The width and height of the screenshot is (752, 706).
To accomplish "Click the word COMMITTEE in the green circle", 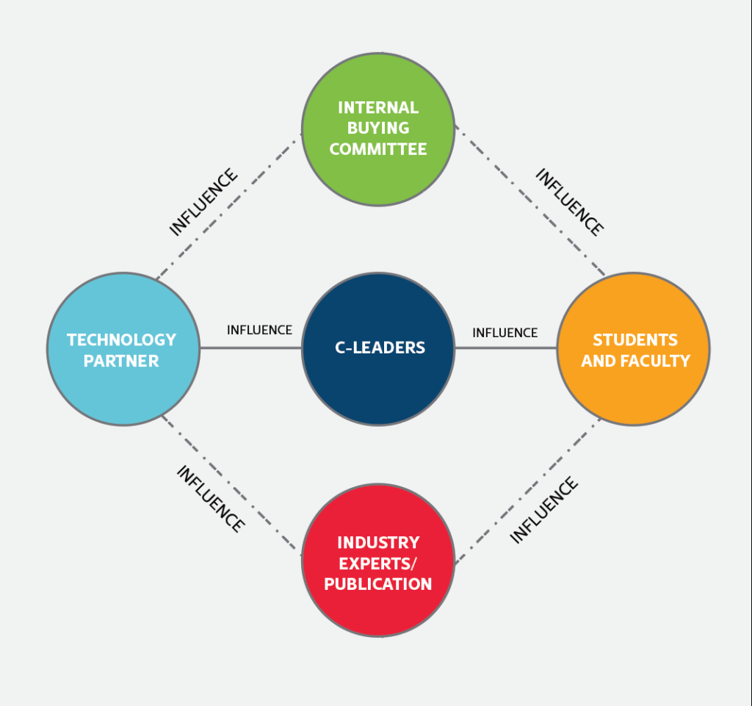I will click(x=378, y=149).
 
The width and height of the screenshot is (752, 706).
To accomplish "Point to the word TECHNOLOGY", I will click(x=122, y=340).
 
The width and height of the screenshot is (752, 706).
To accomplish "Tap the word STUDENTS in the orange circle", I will click(x=635, y=340).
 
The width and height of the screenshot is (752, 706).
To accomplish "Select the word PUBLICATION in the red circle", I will click(x=378, y=585).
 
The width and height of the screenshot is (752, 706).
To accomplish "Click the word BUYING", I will click(x=378, y=129).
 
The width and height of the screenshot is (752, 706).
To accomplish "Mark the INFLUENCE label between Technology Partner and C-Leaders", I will click(x=259, y=331).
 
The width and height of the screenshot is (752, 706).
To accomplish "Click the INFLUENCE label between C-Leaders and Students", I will click(x=505, y=333).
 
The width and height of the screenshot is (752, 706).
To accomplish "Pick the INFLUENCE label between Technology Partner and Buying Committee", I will click(x=203, y=202).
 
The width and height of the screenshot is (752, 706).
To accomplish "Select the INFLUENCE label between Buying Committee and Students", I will click(x=569, y=202).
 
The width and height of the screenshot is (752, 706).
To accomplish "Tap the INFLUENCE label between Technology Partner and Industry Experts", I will click(x=210, y=499).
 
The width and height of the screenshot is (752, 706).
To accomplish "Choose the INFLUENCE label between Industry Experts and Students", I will click(x=544, y=510).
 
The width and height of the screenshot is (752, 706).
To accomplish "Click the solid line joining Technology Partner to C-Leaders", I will click(x=250, y=348).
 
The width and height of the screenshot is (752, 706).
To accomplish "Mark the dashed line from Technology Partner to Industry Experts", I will click(x=232, y=484).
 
